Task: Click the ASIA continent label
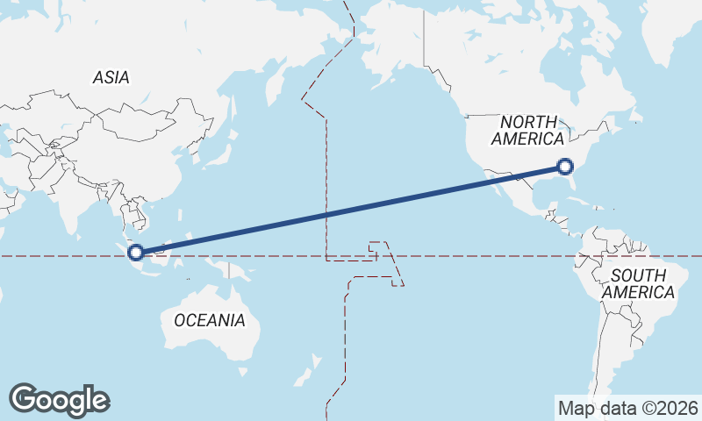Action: (111, 78)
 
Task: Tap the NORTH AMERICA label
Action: (528, 131)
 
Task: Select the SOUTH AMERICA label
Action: (638, 283)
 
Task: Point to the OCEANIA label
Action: (210, 320)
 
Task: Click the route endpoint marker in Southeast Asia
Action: (136, 253)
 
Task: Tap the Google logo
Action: (59, 400)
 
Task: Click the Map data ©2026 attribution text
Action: (628, 408)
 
